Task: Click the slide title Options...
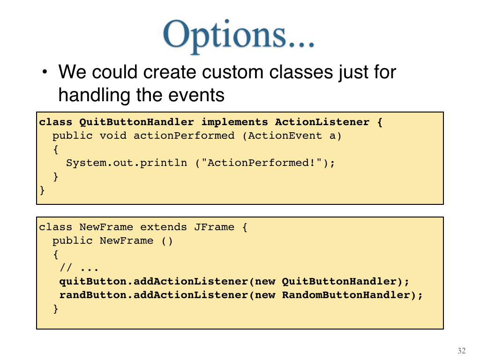tap(239, 35)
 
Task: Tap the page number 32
tap(462, 351)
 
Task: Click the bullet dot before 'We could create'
tap(45, 72)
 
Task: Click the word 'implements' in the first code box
tap(234, 122)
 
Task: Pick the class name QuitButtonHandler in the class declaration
tap(136, 122)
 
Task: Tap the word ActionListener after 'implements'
tap(322, 122)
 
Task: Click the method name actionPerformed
tap(184, 135)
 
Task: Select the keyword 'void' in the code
tap(113, 135)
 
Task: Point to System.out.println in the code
tap(127, 163)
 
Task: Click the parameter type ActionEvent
tap(285, 135)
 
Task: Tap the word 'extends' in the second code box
tap(164, 227)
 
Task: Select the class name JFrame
tap(214, 227)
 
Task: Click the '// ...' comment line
tap(79, 268)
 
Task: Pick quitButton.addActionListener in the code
tap(154, 281)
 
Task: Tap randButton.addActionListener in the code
tap(154, 295)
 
